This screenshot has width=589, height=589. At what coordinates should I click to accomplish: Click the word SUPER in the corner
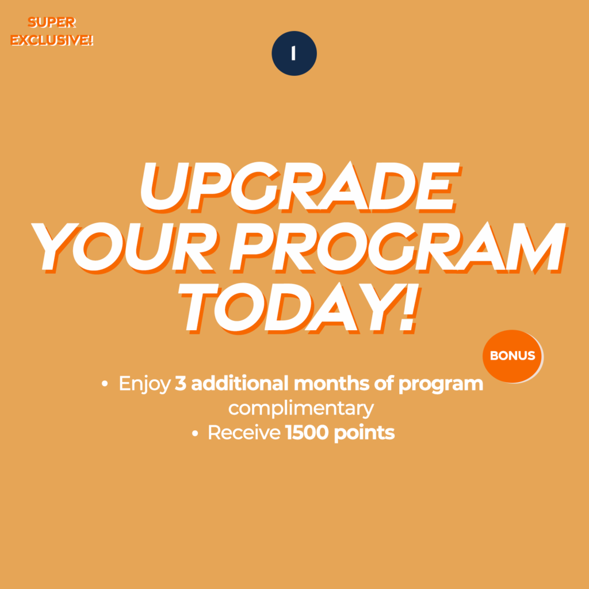(52, 22)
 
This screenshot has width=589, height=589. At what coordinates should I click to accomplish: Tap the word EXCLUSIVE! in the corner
(51, 40)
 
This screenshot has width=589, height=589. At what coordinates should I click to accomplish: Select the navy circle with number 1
(294, 53)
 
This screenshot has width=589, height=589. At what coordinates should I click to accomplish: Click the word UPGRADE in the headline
(300, 187)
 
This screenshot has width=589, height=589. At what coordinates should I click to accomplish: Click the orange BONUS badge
(512, 356)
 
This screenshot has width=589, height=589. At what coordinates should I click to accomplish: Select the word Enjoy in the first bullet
(144, 384)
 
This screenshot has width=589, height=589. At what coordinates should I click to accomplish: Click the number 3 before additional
(181, 384)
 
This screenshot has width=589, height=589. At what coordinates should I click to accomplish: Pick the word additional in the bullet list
(240, 383)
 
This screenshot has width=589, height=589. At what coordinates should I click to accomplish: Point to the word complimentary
(301, 409)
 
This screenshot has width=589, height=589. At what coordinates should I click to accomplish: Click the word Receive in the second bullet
(244, 433)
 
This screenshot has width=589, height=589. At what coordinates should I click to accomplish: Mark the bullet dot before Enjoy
(105, 384)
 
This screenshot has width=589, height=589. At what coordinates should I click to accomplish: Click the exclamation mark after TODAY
(409, 308)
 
